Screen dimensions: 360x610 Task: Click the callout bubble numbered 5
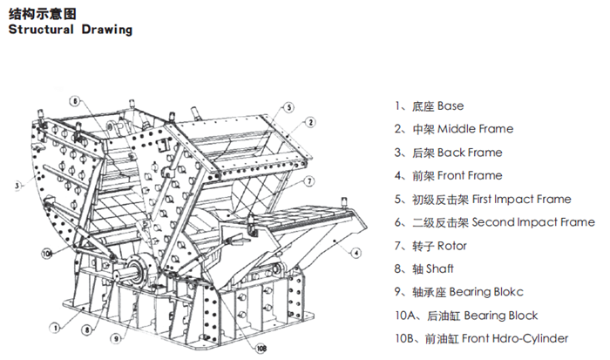point(288,108)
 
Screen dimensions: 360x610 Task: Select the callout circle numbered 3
point(17,185)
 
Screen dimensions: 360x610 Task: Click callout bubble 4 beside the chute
point(356,253)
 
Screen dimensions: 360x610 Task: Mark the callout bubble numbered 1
point(54,328)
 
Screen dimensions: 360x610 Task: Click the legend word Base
point(451,105)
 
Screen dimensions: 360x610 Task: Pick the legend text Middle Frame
point(475,129)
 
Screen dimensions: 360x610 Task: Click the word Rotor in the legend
point(452,246)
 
